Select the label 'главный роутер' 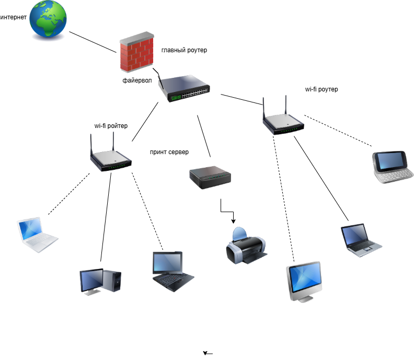coord(184,50)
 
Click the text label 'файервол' coord(136,80)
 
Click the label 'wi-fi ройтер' coord(110,126)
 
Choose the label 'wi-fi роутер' coord(321,89)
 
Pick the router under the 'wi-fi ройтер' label coord(110,156)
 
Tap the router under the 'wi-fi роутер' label coord(283,119)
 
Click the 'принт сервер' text coord(169,152)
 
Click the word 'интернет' coord(13,17)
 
